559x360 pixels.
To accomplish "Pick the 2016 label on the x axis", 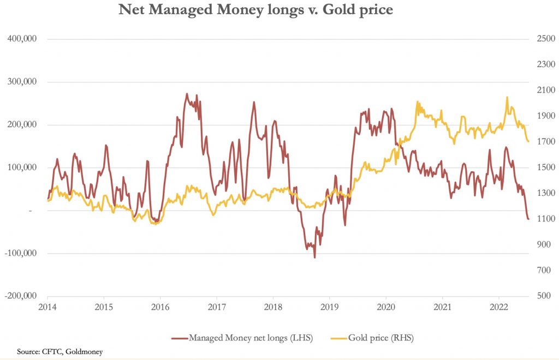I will point(159,307).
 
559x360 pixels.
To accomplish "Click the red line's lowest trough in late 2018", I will point(314,257).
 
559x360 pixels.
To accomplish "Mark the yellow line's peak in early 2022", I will point(507,98).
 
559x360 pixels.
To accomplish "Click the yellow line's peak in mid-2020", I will point(417,102).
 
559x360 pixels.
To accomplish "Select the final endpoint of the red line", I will point(528,219).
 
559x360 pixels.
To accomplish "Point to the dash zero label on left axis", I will point(31,211).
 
